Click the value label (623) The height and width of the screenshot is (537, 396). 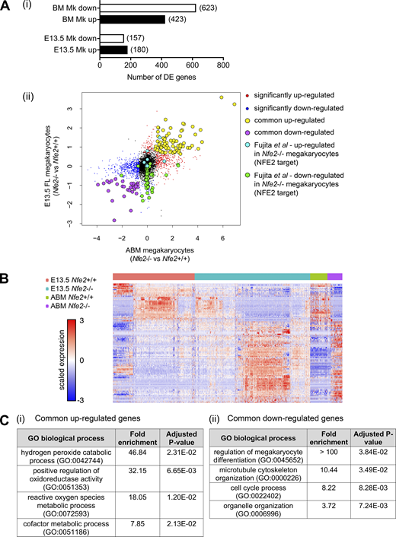[209, 8]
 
